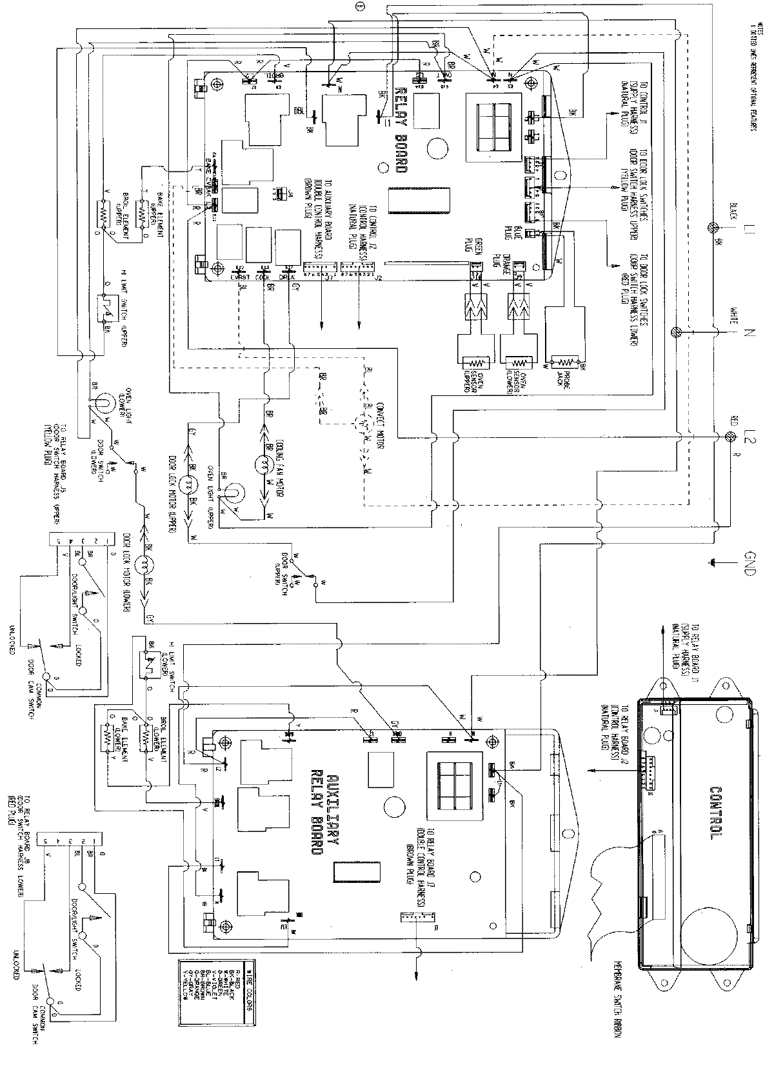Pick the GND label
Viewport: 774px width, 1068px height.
point(749,562)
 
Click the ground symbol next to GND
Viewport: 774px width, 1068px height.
point(713,562)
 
